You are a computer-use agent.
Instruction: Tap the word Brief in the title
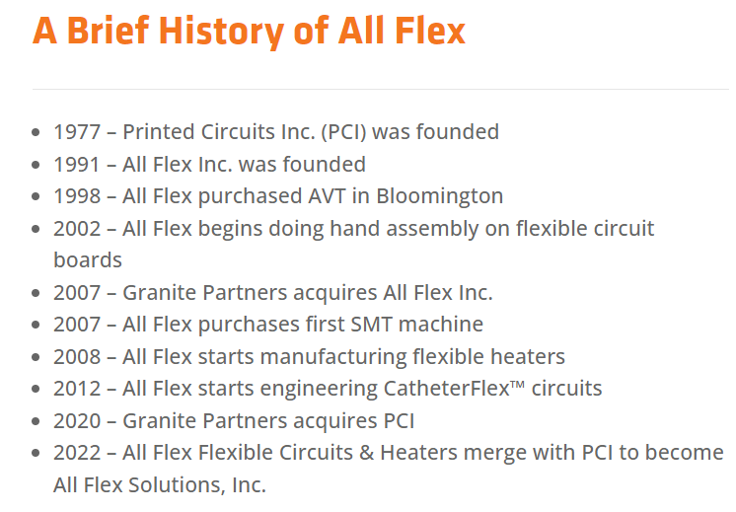pos(108,31)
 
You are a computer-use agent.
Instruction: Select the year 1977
pos(77,132)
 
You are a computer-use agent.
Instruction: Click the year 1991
pos(77,165)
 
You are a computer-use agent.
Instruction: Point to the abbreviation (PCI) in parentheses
pos(343,132)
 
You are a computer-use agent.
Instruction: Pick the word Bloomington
pos(440,196)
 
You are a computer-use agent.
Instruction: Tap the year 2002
pos(77,229)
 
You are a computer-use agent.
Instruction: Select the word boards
pos(88,260)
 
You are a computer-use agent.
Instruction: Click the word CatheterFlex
pos(446,389)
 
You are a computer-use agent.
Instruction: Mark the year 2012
pos(77,389)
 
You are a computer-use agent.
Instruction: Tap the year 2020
pos(77,421)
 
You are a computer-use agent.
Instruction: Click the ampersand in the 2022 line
pos(366,453)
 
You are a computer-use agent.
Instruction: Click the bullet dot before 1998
pos(36,196)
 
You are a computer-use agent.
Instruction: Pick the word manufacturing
pos(333,357)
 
